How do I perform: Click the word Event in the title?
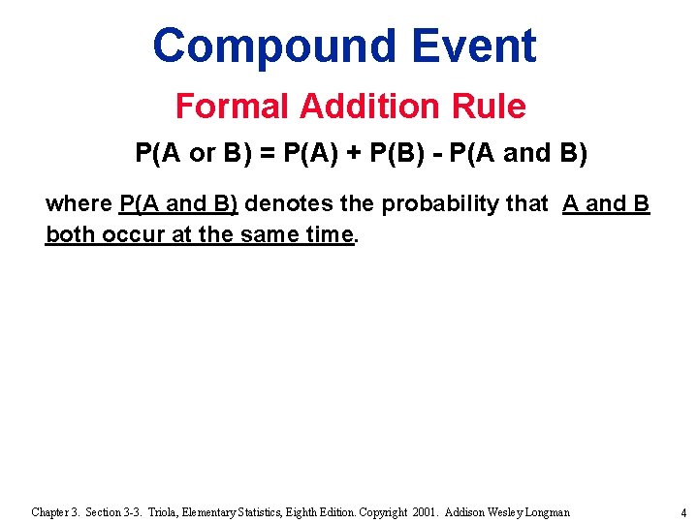click(x=473, y=46)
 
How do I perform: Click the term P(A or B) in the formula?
click(x=183, y=154)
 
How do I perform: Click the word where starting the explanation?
click(x=78, y=204)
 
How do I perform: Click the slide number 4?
click(x=682, y=512)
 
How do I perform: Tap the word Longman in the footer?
click(x=545, y=511)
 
